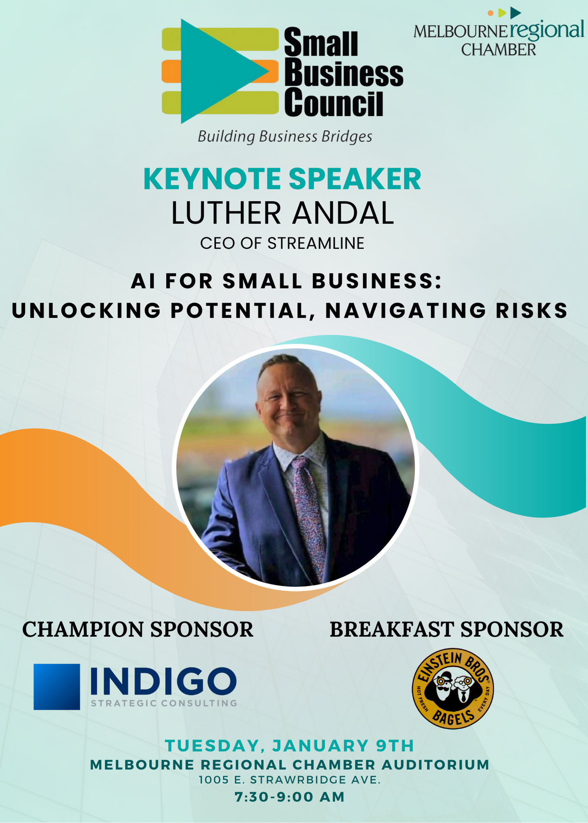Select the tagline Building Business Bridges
coord(285,137)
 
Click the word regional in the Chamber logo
coord(547,31)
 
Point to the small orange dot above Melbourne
coord(490,13)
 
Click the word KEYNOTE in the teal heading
coord(212,179)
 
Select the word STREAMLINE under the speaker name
coord(316,243)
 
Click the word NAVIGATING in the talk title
coord(406,311)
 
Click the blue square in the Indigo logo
coord(57,687)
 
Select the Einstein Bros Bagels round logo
coord(453,689)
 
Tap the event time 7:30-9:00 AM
coord(289,797)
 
